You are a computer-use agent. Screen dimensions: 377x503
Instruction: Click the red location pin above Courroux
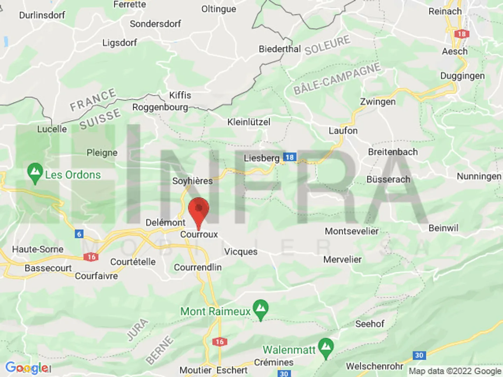coord(198,209)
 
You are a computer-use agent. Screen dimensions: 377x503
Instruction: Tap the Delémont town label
coord(165,222)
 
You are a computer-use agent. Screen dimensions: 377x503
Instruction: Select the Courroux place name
coord(199,234)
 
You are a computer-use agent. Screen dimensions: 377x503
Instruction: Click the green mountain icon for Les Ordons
coord(35,172)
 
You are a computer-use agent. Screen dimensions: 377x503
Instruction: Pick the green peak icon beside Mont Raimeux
coord(261,309)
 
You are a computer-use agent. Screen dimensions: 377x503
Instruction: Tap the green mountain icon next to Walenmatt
coord(326,347)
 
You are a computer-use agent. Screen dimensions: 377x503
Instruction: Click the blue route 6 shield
coord(79,234)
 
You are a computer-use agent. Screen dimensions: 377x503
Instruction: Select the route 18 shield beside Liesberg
coord(290,157)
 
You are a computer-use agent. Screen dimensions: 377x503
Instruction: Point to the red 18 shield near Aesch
coord(461,34)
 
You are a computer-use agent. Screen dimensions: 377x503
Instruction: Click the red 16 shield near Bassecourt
coord(91,257)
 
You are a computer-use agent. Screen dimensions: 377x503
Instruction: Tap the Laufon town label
coord(343,131)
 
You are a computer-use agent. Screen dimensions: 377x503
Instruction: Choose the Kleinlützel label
coord(249,122)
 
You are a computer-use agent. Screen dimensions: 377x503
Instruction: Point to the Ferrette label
coord(130,5)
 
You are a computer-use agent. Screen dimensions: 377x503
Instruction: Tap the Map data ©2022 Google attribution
coord(455,371)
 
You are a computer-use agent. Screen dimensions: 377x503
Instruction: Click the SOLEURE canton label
coord(327,45)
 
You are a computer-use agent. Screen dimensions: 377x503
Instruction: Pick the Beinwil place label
coord(443,228)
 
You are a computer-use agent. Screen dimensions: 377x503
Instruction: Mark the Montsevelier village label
coord(351,231)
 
